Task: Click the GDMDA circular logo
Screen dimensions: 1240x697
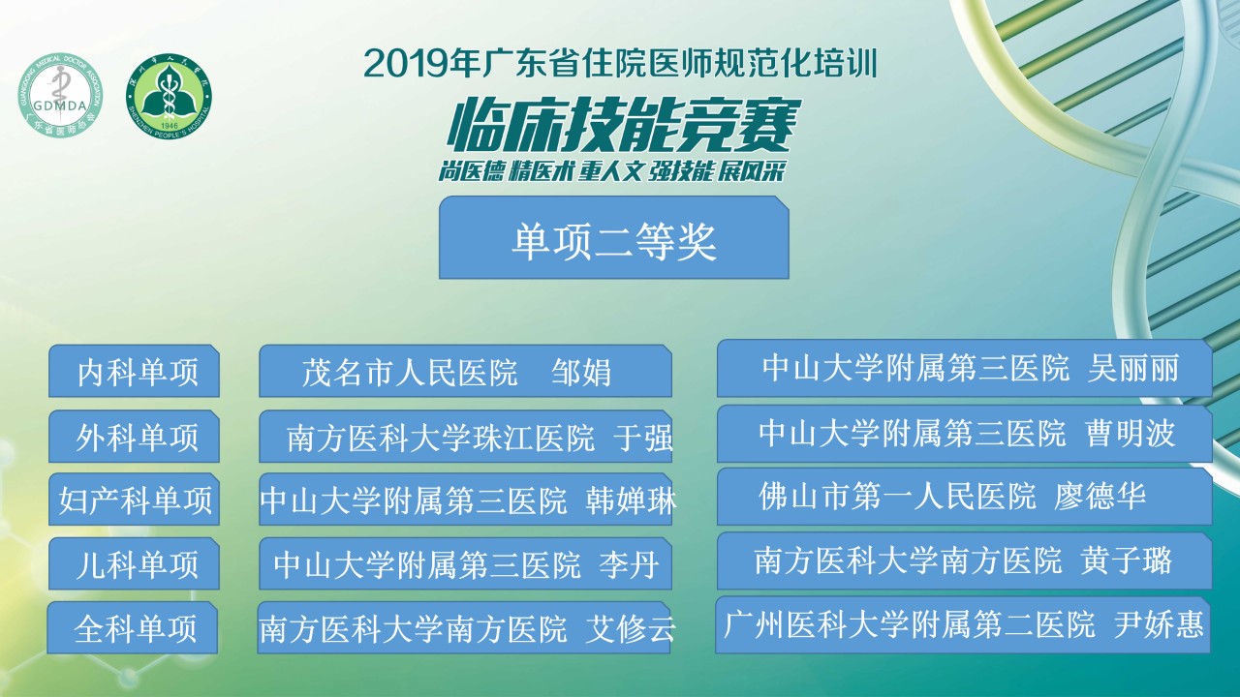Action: pyautogui.click(x=60, y=95)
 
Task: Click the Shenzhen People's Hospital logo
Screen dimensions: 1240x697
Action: pyautogui.click(x=169, y=96)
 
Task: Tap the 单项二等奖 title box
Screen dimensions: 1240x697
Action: pyautogui.click(x=614, y=237)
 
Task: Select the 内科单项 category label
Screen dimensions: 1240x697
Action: pyautogui.click(x=134, y=371)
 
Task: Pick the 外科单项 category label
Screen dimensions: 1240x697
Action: pyautogui.click(x=134, y=437)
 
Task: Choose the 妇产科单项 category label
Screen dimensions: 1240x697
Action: pyautogui.click(x=134, y=499)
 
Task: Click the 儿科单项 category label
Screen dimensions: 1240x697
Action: pyautogui.click(x=134, y=563)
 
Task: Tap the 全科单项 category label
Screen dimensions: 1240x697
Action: pyautogui.click(x=133, y=628)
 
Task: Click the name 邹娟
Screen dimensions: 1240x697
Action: pyautogui.click(x=581, y=372)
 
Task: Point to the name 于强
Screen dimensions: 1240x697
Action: pyautogui.click(x=643, y=438)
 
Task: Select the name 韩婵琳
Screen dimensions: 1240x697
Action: pyautogui.click(x=631, y=500)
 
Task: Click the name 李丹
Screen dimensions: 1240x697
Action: pyautogui.click(x=629, y=564)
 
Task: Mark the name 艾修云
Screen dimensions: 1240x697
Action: pyautogui.click(x=631, y=629)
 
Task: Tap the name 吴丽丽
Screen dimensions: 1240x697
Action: pyautogui.click(x=1133, y=368)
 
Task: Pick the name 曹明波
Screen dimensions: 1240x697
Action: pyautogui.click(x=1130, y=433)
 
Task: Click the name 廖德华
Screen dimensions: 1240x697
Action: pyautogui.click(x=1100, y=496)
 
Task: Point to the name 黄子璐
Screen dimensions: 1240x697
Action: pyautogui.click(x=1126, y=561)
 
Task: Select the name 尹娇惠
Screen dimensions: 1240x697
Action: pyautogui.click(x=1159, y=624)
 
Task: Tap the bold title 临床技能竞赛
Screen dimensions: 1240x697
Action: pyautogui.click(x=624, y=126)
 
